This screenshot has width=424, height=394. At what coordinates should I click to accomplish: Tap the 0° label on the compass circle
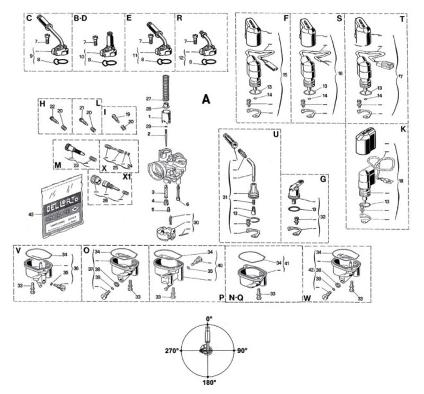[209, 319]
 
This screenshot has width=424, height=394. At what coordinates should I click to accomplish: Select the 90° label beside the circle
[242, 350]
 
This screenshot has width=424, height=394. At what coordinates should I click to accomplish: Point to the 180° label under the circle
[209, 382]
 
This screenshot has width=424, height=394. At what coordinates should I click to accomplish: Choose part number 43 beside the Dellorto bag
[30, 213]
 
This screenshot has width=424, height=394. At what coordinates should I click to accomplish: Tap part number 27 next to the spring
[149, 98]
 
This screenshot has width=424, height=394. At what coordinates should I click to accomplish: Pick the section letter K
[404, 129]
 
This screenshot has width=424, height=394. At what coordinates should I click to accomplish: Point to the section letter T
[403, 18]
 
